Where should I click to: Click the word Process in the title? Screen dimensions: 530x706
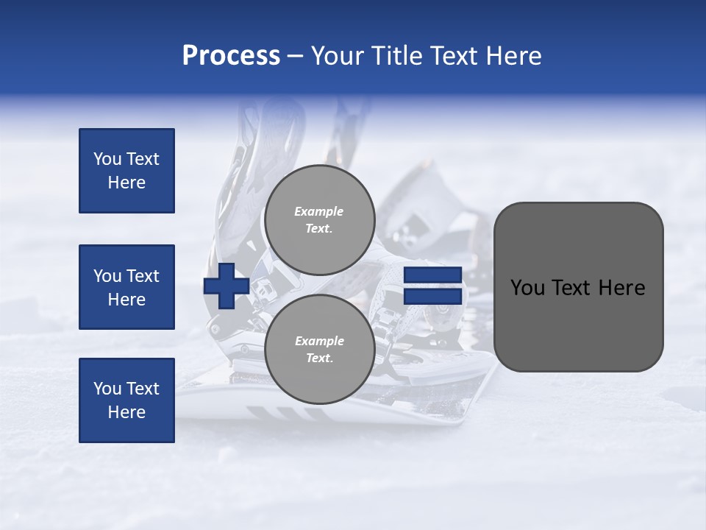pos(231,56)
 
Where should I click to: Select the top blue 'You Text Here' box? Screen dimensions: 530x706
pos(126,171)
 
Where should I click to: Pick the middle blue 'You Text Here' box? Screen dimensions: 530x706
pos(126,287)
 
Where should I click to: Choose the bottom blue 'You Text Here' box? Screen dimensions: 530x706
pos(126,400)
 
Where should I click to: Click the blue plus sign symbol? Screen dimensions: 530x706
pos(226,286)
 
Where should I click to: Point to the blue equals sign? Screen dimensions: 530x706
pos(433,286)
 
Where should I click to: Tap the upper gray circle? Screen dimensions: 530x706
pos(319,220)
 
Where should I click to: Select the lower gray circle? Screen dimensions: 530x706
pos(319,350)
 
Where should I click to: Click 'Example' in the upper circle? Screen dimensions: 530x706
pos(319,211)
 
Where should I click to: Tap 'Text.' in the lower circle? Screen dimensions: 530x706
pos(319,358)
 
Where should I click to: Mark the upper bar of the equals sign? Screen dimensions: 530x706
pos(433,275)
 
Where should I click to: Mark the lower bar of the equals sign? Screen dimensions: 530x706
pos(433,296)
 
